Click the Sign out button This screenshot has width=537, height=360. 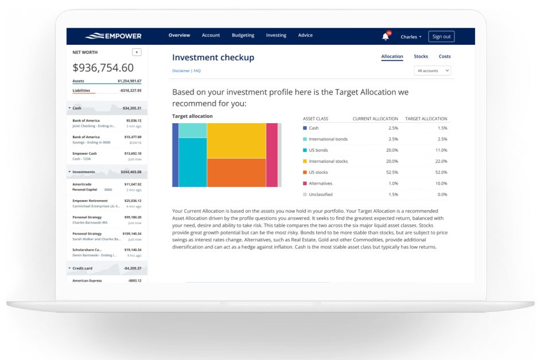(441, 36)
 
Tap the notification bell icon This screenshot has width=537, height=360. (386, 37)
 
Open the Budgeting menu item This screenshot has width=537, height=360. (243, 36)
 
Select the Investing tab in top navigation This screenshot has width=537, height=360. (276, 36)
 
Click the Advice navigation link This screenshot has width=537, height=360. (305, 36)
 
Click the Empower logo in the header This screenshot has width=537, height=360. (113, 36)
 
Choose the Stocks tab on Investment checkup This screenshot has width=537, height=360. (421, 57)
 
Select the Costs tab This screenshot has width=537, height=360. (445, 57)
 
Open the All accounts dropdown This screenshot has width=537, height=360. (432, 71)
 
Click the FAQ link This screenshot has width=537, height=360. (197, 71)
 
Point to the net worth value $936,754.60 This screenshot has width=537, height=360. (103, 68)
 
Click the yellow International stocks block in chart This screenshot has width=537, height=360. (236, 140)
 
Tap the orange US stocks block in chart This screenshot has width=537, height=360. (236, 173)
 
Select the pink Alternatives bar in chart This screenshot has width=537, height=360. (271, 155)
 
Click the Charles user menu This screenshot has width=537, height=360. (411, 37)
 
